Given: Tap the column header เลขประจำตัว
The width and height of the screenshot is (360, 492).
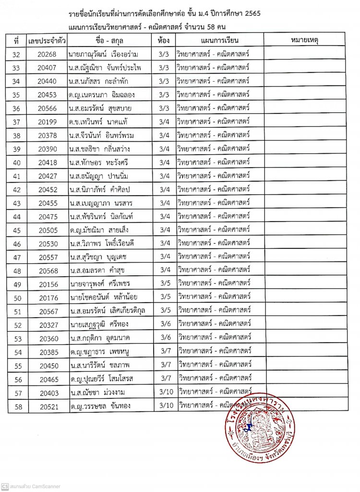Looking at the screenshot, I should pyautogui.click(x=47, y=40).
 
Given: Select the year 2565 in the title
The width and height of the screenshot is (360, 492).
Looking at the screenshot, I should pyautogui.click(x=250, y=14).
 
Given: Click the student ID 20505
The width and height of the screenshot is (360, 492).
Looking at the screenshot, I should pyautogui.click(x=48, y=230).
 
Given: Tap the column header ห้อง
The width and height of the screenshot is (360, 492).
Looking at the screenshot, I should pyautogui.click(x=163, y=40).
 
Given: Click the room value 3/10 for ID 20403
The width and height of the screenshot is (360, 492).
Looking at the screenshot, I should pyautogui.click(x=165, y=393).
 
